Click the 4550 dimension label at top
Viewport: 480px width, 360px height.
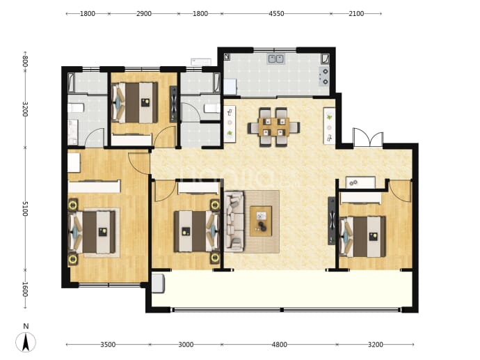coord(276,14)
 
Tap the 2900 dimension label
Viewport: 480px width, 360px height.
coord(144,14)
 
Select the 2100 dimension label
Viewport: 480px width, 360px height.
coord(356,14)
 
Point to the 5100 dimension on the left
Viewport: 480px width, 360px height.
coord(26,209)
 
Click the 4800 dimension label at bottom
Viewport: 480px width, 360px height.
coord(280,345)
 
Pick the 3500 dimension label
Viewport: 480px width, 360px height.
coord(108,345)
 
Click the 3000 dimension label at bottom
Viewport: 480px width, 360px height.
coord(186,345)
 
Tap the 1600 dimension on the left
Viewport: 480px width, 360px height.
coord(26,289)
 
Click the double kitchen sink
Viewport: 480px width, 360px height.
coord(276,58)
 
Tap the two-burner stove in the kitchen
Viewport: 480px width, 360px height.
coord(324,77)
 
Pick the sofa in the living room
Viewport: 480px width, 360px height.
coord(234,221)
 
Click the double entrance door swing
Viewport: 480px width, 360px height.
coord(368,137)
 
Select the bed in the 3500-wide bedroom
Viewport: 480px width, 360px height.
coord(93,233)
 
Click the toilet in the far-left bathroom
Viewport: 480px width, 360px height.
coord(76,108)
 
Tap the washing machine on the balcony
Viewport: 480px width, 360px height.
coord(159,283)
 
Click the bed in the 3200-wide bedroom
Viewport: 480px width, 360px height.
coord(362,236)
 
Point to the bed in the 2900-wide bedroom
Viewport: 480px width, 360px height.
coord(135,102)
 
